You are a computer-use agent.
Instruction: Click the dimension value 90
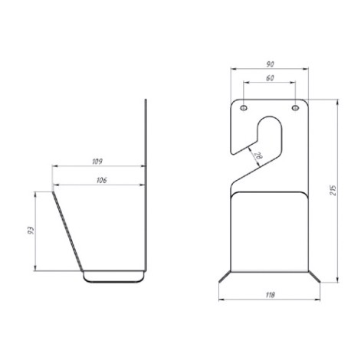[270, 64]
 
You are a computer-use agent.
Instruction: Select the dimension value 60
[270, 78]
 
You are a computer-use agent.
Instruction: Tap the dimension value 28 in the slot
[258, 155]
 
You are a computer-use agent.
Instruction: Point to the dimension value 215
[333, 191]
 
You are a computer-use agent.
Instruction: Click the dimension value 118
[270, 295]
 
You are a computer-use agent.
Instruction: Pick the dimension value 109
[97, 162]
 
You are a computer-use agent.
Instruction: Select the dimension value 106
[101, 180]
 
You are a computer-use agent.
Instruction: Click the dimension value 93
[31, 231]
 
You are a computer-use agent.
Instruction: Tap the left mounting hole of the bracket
[244, 108]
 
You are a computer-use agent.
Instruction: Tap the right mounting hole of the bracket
[296, 108]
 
